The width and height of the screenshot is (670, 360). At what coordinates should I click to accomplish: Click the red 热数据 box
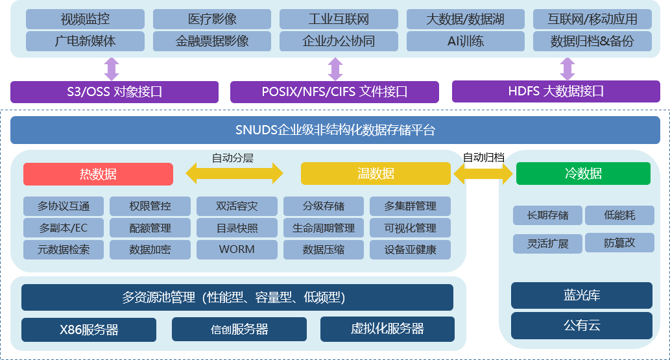[x=98, y=174]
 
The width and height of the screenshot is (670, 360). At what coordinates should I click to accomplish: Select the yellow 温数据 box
[x=376, y=174]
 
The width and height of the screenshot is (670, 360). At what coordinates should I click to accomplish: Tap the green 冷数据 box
[x=583, y=174]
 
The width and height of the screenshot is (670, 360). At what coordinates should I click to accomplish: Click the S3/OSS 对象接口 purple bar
[x=115, y=91]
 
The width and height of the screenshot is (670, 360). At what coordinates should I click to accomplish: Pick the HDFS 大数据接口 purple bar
[x=556, y=91]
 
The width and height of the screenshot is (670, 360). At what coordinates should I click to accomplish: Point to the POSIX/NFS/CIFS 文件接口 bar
[x=335, y=91]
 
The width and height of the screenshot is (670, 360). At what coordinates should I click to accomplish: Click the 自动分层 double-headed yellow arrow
[x=235, y=173]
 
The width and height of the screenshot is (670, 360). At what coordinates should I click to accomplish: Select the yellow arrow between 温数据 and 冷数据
[x=483, y=174]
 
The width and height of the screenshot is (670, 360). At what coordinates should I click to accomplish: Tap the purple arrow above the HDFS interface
[x=568, y=69]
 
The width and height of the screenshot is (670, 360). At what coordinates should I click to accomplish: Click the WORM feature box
[x=237, y=249]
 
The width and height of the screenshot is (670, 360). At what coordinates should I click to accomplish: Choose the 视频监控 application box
[x=85, y=19]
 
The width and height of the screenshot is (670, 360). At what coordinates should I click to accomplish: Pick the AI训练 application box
[x=466, y=42]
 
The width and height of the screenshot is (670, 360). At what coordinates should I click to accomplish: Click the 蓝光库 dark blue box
[x=581, y=295]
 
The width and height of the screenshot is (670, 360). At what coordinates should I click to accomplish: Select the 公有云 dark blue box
[x=581, y=326]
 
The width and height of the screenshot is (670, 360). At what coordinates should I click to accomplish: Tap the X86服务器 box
[x=89, y=330]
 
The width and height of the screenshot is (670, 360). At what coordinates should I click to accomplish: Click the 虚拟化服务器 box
[x=387, y=329]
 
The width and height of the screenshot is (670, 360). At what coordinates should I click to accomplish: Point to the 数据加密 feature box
[x=150, y=249]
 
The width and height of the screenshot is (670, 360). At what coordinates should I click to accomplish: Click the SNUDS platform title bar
[x=335, y=130]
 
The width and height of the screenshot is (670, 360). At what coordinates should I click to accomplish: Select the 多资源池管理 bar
[x=237, y=298]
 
